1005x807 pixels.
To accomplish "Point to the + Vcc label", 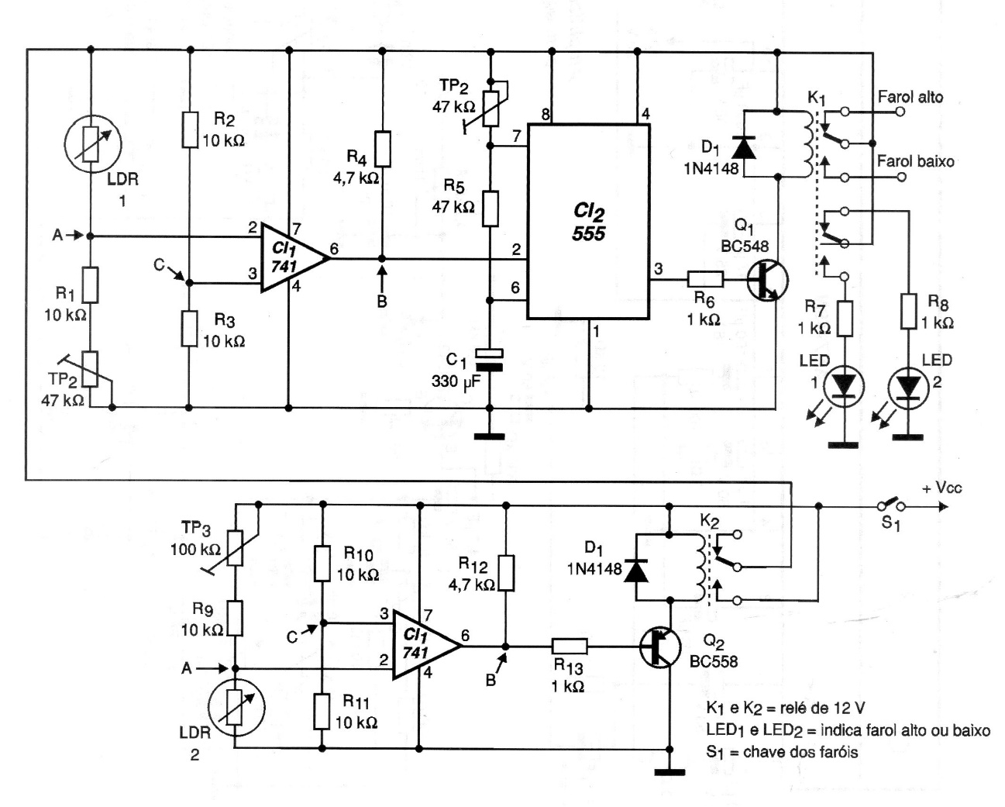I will click(941, 488).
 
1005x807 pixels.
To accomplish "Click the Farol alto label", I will click(910, 98).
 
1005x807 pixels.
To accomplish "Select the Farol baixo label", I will click(915, 161).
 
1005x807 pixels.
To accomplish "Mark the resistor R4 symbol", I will click(382, 149).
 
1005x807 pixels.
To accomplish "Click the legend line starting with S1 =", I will click(781, 752).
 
